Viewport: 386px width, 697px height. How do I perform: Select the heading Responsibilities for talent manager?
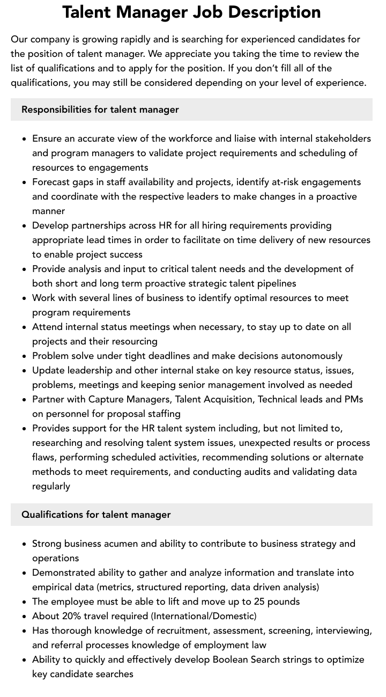pyautogui.click(x=100, y=109)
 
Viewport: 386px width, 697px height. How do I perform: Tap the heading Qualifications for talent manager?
pyautogui.click(x=96, y=515)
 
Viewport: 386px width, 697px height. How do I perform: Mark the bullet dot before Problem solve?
pyautogui.click(x=25, y=356)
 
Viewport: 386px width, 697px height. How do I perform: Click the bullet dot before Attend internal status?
pyautogui.click(x=25, y=327)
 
